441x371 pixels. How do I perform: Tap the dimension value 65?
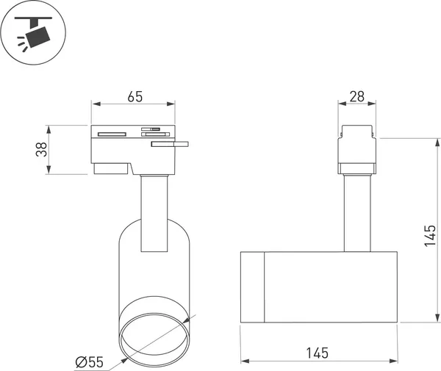click(x=135, y=96)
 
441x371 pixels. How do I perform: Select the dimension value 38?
click(x=43, y=149)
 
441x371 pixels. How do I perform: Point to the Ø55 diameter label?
click(x=91, y=361)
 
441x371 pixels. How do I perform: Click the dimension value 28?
click(x=356, y=96)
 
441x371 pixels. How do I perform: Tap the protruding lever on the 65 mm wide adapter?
click(x=171, y=145)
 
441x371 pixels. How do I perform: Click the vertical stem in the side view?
click(x=357, y=213)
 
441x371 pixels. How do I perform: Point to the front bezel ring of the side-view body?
click(x=253, y=287)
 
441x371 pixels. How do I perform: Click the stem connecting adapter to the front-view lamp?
click(x=154, y=213)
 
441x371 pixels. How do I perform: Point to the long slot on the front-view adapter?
click(x=112, y=134)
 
